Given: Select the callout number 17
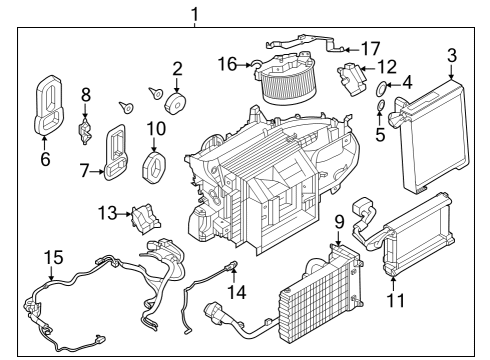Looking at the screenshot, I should (370, 48).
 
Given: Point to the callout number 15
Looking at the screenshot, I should (51, 259).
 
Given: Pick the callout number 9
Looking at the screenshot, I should (339, 221).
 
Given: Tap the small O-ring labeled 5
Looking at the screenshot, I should (382, 107).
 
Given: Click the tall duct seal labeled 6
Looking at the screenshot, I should (47, 103).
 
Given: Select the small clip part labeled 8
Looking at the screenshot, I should (86, 130).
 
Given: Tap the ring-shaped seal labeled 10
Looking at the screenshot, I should (156, 167).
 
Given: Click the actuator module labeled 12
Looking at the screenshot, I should (352, 77).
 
